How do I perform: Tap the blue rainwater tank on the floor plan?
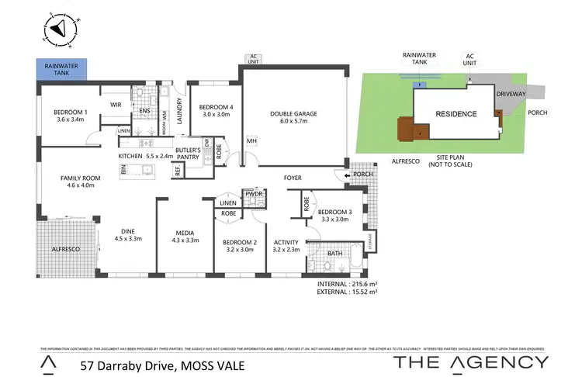(x=62, y=70)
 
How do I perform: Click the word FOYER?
(x=293, y=178)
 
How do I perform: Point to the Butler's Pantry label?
(x=188, y=153)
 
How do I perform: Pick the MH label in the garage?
(x=251, y=141)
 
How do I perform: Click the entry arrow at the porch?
(x=347, y=177)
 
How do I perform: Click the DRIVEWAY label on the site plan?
(x=512, y=92)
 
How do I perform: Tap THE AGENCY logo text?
(x=472, y=361)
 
